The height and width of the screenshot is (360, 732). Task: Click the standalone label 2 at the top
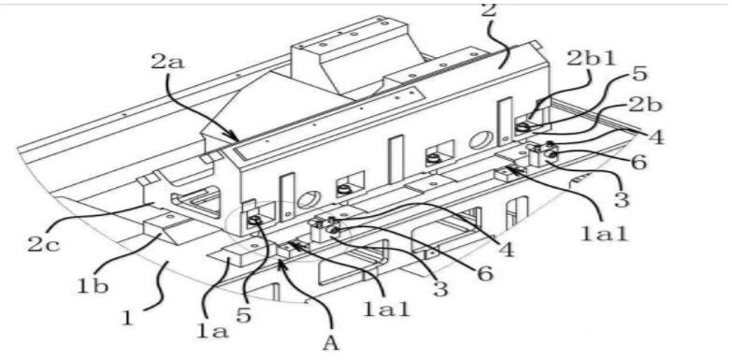pos(488,10)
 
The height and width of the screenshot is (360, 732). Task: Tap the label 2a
pos(167,61)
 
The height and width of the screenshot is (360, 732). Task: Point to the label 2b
pos(644,106)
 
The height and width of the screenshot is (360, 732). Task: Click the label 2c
pos(43,244)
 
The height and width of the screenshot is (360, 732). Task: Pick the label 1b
pos(92,284)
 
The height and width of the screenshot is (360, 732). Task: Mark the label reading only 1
pos(127,319)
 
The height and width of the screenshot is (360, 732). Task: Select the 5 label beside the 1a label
pos(244,314)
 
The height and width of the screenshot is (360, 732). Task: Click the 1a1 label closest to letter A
pos(386,309)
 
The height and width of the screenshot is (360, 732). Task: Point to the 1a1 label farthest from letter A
pos(604,232)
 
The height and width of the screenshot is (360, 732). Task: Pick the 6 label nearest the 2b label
pos(639,162)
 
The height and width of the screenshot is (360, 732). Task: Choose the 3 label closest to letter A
pos(439,289)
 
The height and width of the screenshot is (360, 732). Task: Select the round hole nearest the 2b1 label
pos(479,140)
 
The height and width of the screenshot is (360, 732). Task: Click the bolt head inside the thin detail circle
pos(254,221)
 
